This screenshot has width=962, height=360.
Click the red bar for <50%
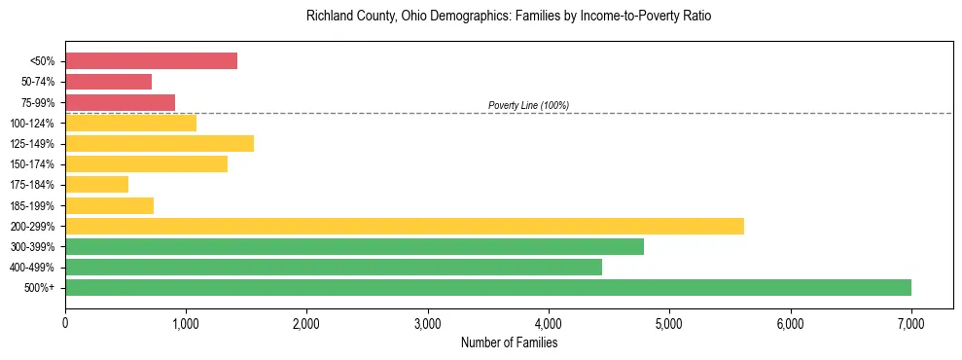[x=151, y=61]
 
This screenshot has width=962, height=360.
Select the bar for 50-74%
[x=108, y=82]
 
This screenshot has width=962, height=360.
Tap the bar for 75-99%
[x=120, y=102]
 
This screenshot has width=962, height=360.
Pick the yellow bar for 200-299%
[x=405, y=226]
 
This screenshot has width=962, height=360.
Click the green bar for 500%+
[x=488, y=287]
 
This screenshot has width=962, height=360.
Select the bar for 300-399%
[x=354, y=246]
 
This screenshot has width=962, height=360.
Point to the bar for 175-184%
[x=96, y=185]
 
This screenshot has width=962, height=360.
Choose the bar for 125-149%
[x=160, y=143]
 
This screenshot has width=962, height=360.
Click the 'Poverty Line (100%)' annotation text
[x=528, y=105]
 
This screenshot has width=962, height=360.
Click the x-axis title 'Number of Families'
[x=509, y=342]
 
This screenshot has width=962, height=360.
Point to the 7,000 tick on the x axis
[x=910, y=322]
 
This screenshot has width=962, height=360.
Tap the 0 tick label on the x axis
[x=65, y=322]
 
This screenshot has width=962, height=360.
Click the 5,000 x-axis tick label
[x=669, y=322]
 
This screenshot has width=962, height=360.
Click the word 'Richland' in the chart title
[x=328, y=17]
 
